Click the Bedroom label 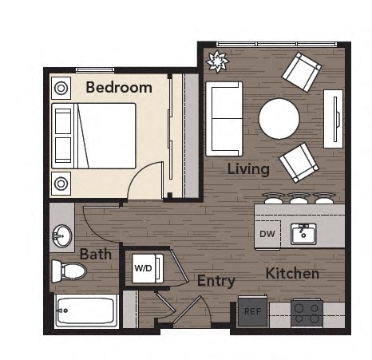click(119, 88)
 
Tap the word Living click(248, 169)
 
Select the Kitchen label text click(293, 274)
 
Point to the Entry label click(216, 281)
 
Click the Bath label click(96, 255)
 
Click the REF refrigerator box click(252, 311)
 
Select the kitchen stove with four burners click(307, 312)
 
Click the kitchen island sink click(303, 235)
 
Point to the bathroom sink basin click(61, 236)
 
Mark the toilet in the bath click(69, 271)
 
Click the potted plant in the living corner click(216, 61)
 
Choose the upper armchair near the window click(302, 72)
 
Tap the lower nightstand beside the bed click(61, 184)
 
